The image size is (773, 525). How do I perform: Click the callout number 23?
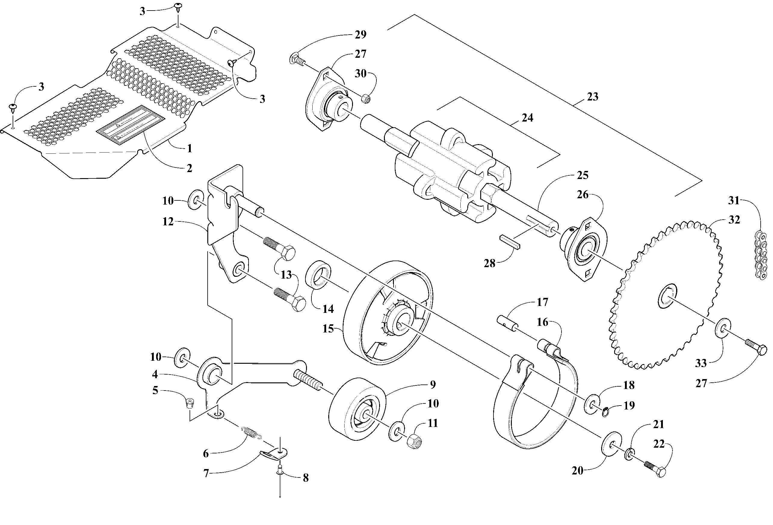(x=592, y=97)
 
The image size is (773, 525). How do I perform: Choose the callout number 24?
(x=527, y=118)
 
